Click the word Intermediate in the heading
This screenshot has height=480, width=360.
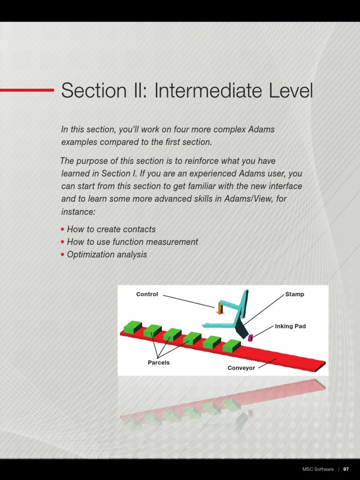tap(209, 90)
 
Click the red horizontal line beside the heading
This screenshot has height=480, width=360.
tap(27, 90)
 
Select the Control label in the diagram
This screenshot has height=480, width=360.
tap(147, 294)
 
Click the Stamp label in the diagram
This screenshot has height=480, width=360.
tap(294, 294)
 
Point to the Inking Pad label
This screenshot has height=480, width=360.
tap(290, 326)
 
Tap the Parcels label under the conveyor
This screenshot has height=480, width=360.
tap(158, 362)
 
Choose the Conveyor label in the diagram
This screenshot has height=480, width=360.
tap(241, 368)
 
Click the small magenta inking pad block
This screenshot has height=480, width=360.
tap(250, 337)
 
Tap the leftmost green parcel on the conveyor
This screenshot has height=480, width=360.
tap(133, 327)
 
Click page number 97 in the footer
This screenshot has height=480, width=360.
tap(346, 469)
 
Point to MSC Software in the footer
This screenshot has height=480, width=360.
tap(318, 469)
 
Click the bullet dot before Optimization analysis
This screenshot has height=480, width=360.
tap(62, 255)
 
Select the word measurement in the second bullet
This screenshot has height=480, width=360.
tap(172, 242)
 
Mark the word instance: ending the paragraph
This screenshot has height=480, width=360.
tap(78, 211)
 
